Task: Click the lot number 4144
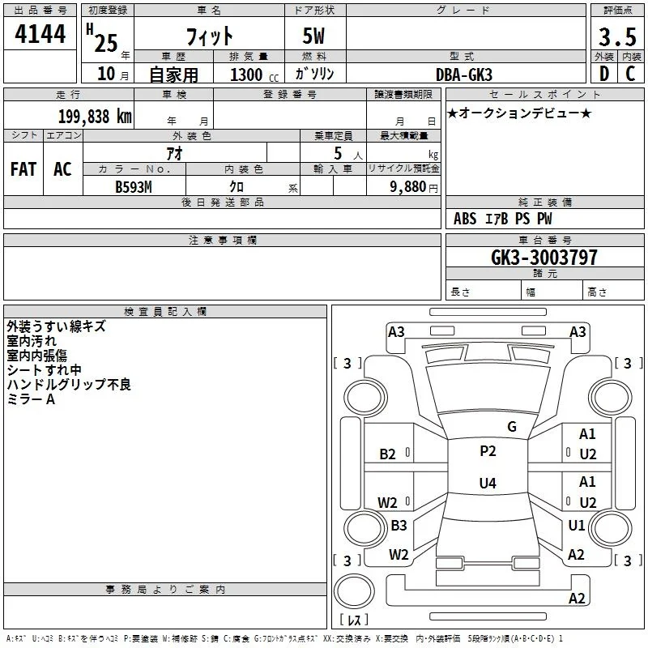(x=40, y=34)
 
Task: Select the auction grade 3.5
(x=617, y=36)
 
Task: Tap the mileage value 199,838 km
(x=95, y=117)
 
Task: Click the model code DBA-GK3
(x=464, y=75)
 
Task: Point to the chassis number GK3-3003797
(x=544, y=257)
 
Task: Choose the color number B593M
(x=134, y=187)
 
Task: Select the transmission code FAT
(x=23, y=169)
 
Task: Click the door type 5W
(x=313, y=36)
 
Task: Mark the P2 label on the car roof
(x=488, y=451)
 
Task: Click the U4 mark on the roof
(x=488, y=483)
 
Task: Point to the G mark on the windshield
(x=512, y=427)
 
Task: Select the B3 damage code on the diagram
(x=399, y=525)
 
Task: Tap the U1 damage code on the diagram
(x=576, y=525)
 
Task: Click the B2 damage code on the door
(x=387, y=454)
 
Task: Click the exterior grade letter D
(x=604, y=74)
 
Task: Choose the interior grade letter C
(x=630, y=74)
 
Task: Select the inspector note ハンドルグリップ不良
(x=69, y=384)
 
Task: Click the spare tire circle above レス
(x=354, y=591)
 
